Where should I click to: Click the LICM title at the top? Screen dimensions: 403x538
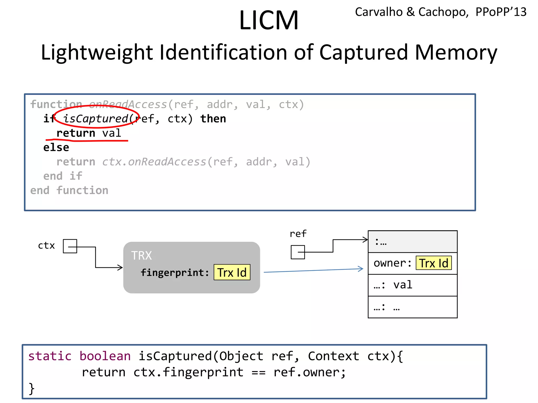(x=269, y=20)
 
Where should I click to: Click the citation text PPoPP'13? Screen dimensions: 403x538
(x=501, y=12)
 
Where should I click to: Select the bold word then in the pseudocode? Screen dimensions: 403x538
(x=213, y=119)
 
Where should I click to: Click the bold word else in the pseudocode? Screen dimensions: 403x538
(x=56, y=147)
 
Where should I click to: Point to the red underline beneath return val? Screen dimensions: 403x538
(x=87, y=141)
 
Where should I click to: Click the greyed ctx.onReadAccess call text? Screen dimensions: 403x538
(x=154, y=162)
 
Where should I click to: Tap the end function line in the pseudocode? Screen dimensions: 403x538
(x=69, y=190)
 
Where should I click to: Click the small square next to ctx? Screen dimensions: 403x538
(x=70, y=246)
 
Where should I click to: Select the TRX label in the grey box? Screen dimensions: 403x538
(x=141, y=256)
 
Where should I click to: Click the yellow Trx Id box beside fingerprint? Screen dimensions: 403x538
(x=232, y=272)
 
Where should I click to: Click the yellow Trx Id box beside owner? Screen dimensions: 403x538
(x=434, y=263)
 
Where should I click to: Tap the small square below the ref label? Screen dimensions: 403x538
(x=298, y=252)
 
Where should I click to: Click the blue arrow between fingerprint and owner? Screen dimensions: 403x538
(x=313, y=271)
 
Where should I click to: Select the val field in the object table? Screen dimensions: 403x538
(x=403, y=285)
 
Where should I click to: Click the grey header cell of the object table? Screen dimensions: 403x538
(x=412, y=242)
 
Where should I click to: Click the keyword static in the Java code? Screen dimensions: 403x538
(x=50, y=356)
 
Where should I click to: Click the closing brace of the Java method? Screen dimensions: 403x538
(x=32, y=389)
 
